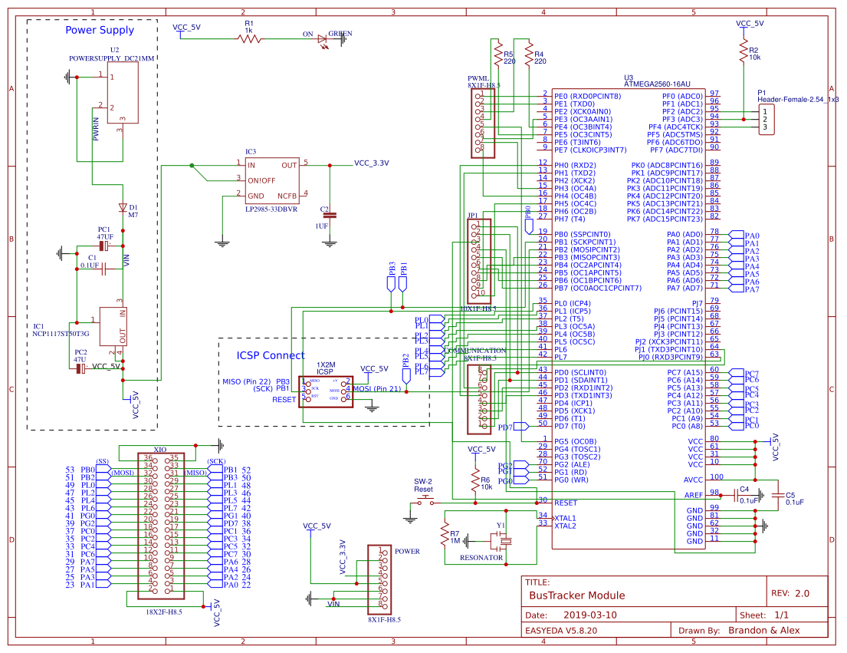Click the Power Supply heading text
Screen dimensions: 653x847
[100, 31]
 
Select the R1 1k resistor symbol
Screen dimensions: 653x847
[248, 38]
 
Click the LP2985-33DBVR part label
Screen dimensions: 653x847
[271, 209]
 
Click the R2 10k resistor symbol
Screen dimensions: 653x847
[743, 51]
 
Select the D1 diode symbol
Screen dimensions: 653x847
[123, 207]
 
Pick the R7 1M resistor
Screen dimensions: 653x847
[444, 534]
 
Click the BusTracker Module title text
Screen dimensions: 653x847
[577, 595]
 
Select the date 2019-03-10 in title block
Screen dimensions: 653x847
[589, 615]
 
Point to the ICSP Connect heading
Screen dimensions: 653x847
[271, 355]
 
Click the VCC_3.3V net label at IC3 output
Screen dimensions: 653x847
[371, 163]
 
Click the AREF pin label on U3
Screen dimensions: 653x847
[693, 495]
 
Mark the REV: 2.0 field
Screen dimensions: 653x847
[790, 593]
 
